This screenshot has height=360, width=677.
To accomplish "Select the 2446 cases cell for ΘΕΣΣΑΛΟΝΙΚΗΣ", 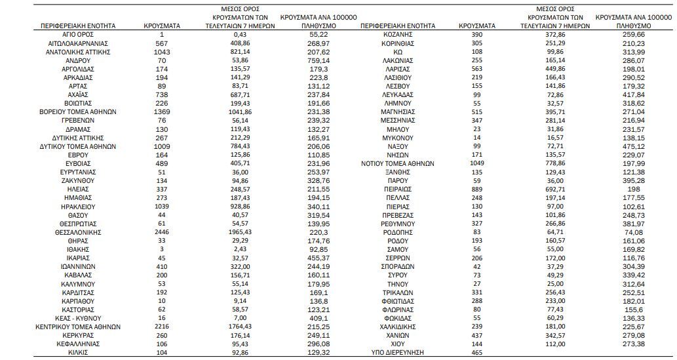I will point(161,232).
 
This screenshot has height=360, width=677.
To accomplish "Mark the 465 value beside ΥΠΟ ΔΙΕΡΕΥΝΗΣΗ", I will point(477,352).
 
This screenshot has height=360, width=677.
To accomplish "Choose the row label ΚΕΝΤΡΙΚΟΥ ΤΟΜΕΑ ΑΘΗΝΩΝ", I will point(77,327).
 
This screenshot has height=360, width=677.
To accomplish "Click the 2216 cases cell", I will point(161,327).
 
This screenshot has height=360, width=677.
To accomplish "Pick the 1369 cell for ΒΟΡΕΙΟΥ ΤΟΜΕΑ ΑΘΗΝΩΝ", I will point(161,111).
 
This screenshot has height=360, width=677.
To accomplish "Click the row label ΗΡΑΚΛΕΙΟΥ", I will point(77,207).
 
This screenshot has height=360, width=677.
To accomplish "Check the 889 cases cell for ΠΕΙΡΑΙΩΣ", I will point(477,189).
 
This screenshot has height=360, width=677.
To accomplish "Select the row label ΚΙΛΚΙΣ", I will point(77,352).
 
